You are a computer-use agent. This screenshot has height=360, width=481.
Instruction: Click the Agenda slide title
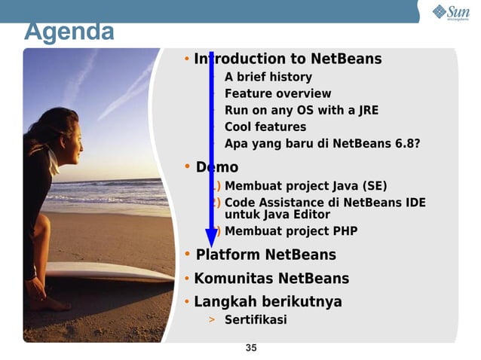(69, 32)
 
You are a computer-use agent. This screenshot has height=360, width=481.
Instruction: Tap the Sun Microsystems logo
(450, 13)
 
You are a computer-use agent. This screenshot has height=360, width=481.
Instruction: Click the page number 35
(251, 347)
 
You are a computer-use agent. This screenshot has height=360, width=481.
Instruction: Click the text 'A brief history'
(268, 77)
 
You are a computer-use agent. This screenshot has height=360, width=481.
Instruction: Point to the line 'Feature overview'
(277, 93)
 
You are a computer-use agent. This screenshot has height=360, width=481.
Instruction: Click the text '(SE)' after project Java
(374, 186)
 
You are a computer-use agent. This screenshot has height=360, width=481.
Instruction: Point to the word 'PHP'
(343, 231)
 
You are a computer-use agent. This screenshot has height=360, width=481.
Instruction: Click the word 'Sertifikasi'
(256, 320)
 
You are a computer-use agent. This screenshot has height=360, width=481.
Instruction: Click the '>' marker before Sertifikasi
(212, 320)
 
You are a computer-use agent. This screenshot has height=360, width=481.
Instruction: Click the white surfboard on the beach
(106, 271)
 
